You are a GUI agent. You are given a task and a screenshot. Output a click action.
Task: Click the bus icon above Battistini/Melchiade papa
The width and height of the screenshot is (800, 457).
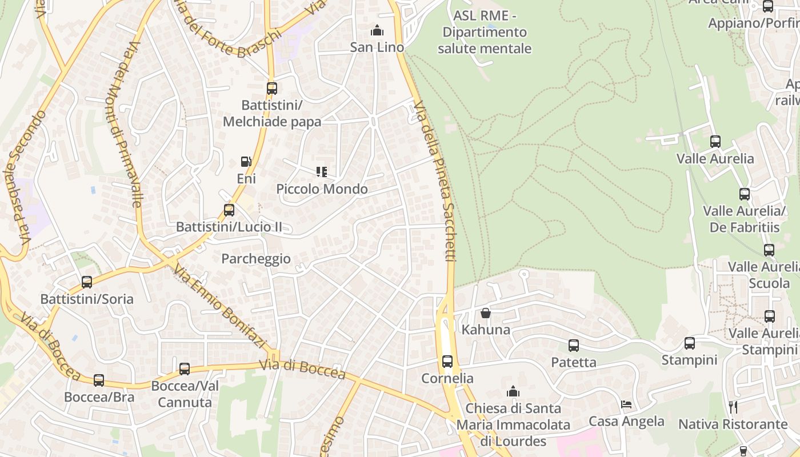pyautogui.click(x=272, y=89)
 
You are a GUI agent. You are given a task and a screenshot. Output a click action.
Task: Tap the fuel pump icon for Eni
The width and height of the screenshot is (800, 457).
pyautogui.click(x=246, y=162)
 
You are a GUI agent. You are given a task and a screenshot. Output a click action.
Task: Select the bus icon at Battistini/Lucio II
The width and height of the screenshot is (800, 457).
pyautogui.click(x=229, y=210)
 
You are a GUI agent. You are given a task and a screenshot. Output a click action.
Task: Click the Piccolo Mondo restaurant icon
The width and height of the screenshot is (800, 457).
pyautogui.click(x=321, y=171)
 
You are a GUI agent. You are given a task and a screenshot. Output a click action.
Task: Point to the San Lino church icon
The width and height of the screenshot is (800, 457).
pyautogui.click(x=377, y=30)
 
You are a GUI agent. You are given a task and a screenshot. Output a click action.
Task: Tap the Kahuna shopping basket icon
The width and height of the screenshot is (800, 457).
pyautogui.click(x=485, y=313)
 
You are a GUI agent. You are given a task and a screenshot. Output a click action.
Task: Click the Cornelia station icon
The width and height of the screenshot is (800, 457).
pyautogui.click(x=447, y=362)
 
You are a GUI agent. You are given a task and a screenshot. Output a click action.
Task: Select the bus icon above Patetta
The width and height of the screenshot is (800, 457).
pyautogui.click(x=573, y=346)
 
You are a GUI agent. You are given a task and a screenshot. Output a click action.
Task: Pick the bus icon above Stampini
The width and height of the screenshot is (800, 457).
pyautogui.click(x=690, y=343)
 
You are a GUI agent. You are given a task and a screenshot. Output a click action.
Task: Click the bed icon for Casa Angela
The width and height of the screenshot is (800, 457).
pyautogui.click(x=626, y=404)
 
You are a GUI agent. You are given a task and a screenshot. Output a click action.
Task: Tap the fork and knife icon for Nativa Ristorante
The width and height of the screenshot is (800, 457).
pyautogui.click(x=734, y=407)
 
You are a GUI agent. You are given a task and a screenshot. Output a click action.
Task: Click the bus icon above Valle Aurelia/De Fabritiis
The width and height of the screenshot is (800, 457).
pyautogui.click(x=744, y=194)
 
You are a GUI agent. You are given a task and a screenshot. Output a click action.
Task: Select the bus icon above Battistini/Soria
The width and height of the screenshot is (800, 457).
pyautogui.click(x=87, y=282)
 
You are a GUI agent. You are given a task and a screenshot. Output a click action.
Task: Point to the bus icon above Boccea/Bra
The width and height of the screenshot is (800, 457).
pyautogui.click(x=99, y=380)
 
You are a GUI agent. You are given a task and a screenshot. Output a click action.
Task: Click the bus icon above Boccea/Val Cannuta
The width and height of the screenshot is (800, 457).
pyautogui.click(x=185, y=369)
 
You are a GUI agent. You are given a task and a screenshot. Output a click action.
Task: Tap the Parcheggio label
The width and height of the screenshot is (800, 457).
pyautogui.click(x=256, y=259)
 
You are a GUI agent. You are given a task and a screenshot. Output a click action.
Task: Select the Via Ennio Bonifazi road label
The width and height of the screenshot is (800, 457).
pyautogui.click(x=220, y=306)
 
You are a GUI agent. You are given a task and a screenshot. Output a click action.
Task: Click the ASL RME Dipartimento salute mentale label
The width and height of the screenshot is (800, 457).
pyautogui.click(x=485, y=32)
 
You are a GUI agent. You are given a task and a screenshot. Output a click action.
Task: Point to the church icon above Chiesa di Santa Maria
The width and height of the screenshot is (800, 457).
pyautogui.click(x=513, y=391)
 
